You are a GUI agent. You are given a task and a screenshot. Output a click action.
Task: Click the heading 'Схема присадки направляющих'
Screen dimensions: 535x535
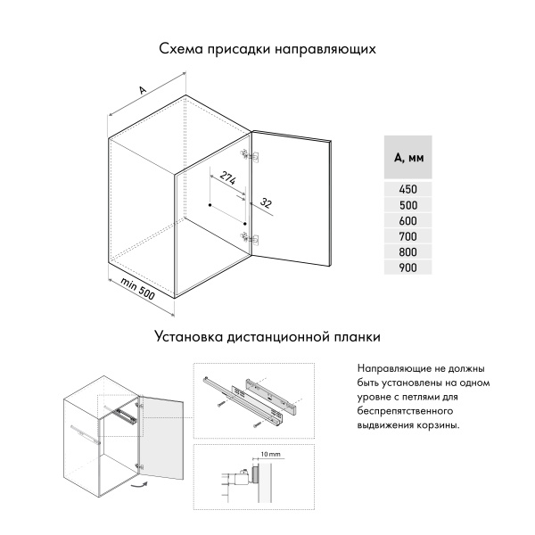click(267, 49)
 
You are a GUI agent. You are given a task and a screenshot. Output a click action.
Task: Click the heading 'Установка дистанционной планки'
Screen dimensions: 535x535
click(267, 338)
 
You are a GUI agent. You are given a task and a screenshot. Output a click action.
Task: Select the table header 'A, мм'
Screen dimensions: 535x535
click(407, 159)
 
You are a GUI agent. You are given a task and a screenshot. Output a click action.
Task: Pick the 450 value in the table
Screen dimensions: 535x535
click(407, 189)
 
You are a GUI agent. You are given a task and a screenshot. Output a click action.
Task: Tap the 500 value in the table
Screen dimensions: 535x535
click(407, 204)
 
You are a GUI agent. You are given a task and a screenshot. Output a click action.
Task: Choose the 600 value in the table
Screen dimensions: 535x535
click(407, 220)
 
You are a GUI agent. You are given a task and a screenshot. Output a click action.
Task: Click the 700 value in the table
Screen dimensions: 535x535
click(407, 235)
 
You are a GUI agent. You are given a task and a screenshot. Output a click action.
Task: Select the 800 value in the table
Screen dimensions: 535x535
click(407, 251)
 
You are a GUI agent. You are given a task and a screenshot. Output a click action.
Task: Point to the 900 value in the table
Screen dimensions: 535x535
click(407, 267)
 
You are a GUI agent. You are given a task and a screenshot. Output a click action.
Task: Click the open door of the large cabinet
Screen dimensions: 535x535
click(292, 201)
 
